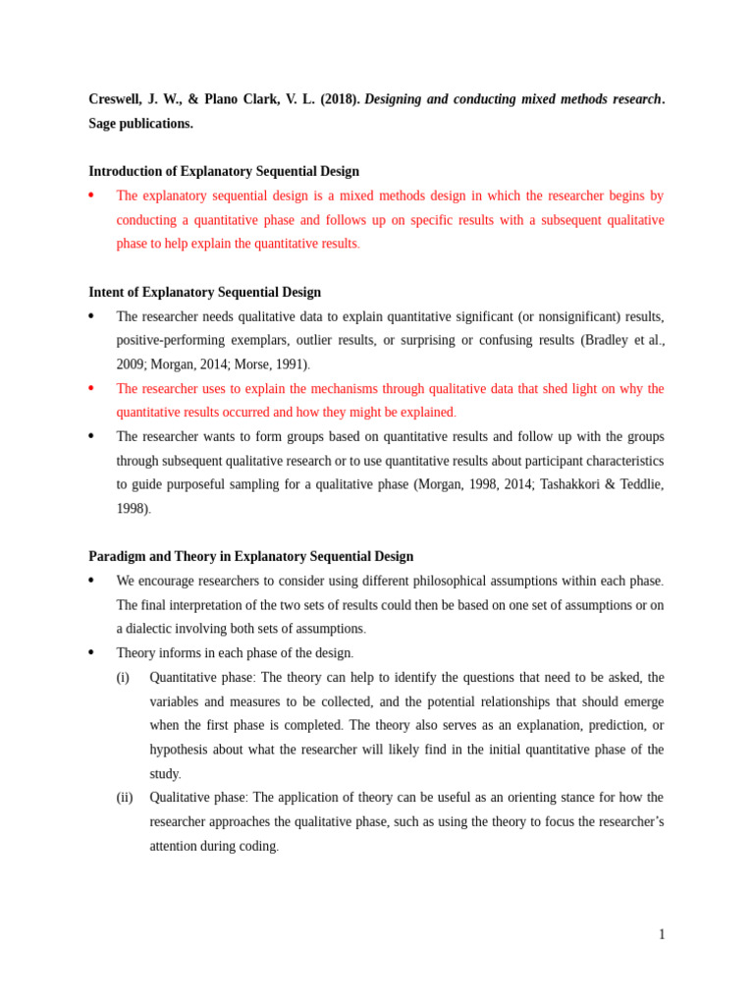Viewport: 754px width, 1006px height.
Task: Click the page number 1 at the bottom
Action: tap(662, 934)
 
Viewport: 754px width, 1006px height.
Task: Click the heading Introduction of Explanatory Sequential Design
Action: tap(224, 171)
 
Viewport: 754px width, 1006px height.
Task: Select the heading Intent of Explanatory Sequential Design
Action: tap(204, 292)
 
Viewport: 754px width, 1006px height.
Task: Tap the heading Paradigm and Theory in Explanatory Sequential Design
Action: tap(250, 556)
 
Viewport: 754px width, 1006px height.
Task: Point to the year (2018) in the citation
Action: tap(340, 99)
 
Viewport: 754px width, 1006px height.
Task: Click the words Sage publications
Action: tap(140, 124)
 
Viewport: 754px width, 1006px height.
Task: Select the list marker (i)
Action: tap(123, 678)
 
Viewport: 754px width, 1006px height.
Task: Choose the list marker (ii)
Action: tap(125, 798)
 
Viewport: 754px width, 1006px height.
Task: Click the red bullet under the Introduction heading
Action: tap(91, 196)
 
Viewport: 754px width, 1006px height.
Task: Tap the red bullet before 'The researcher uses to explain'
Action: tap(91, 388)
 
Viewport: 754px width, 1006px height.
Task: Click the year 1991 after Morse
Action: tap(291, 364)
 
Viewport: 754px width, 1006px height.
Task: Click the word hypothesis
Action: tap(183, 750)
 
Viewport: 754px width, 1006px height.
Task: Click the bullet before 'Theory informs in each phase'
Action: tap(91, 652)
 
